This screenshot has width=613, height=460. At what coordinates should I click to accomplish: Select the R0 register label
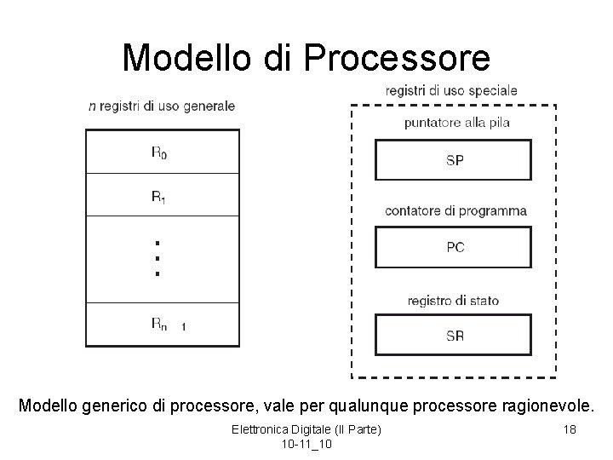tap(159, 152)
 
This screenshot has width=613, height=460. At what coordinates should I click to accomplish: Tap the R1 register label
tap(159, 197)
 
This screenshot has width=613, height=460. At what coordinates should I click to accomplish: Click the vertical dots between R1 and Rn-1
tap(157, 258)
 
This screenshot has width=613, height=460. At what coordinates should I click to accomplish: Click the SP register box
tap(454, 160)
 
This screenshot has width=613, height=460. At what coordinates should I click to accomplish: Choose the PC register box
tap(454, 247)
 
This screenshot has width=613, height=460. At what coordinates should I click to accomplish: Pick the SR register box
tap(454, 336)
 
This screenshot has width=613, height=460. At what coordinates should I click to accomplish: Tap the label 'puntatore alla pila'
tap(457, 123)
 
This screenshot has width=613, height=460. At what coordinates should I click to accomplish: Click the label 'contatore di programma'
tap(455, 210)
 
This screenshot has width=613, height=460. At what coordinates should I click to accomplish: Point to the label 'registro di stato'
tap(453, 300)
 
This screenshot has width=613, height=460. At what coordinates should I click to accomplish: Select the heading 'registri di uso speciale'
tap(451, 89)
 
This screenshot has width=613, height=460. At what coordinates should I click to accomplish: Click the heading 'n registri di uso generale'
tap(162, 106)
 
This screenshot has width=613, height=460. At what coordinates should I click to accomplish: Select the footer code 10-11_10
tap(306, 445)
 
